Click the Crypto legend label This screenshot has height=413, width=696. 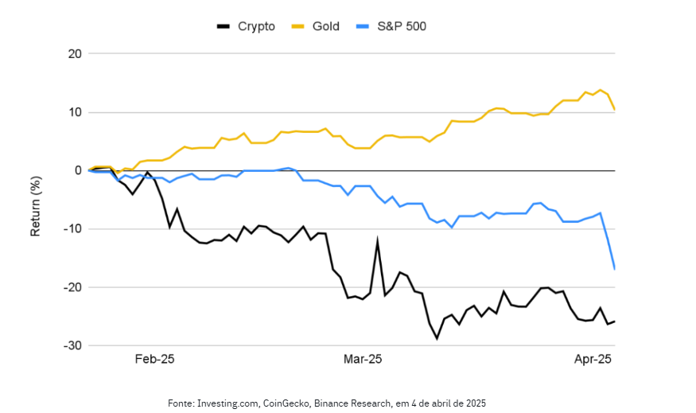[256, 26]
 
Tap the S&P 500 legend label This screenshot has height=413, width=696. [403, 26]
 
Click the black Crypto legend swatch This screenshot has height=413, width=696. [223, 26]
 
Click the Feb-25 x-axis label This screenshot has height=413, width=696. [154, 360]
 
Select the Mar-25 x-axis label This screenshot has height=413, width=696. [363, 360]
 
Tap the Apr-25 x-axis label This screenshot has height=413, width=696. [593, 360]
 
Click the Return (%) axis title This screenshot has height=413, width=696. [35, 200]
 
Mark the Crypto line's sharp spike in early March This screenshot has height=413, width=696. [377, 240]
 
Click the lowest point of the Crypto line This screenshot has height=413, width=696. [437, 338]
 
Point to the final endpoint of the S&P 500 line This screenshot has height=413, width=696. [615, 269]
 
